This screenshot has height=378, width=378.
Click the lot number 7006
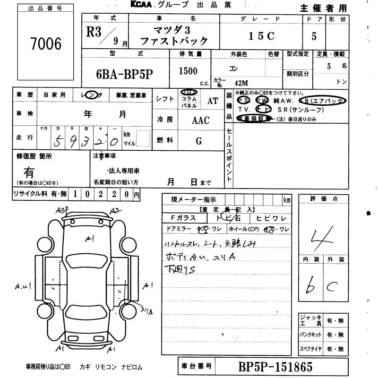tap(45, 44)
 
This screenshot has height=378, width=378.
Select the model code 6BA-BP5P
tap(125, 75)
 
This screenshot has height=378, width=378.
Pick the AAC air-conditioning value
tap(200, 120)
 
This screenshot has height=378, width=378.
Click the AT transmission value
tap(213, 101)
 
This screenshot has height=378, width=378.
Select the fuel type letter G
tap(199, 141)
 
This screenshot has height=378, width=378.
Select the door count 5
tap(314, 36)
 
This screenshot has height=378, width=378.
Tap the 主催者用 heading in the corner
tap(323, 9)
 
